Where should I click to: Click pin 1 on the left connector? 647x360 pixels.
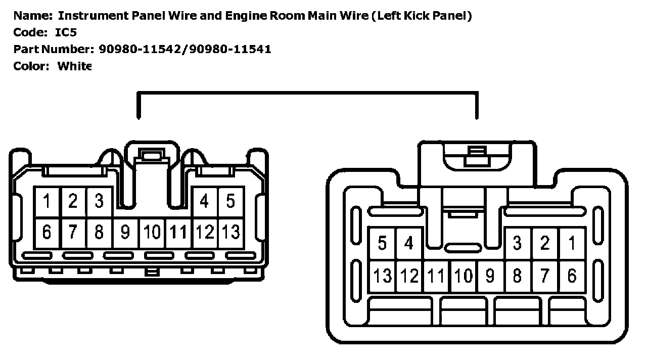tap(47, 201)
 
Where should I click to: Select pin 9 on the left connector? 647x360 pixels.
tap(125, 232)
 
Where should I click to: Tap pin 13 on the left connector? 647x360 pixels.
tap(230, 232)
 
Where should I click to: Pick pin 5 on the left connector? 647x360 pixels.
tap(230, 201)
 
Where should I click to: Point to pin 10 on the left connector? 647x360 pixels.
tap(152, 232)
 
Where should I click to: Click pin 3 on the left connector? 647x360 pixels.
tap(99, 201)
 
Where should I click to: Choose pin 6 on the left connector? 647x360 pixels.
tap(47, 232)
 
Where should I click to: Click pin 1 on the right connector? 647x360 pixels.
tap(572, 244)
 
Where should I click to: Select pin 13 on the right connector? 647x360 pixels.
tap(383, 276)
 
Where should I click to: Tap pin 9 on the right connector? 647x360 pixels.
tap(489, 276)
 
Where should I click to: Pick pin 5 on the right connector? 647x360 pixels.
tap(383, 244)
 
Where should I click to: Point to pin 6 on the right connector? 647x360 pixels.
tap(572, 276)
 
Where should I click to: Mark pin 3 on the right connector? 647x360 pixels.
tap(517, 244)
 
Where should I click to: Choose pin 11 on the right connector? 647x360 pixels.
tap(436, 276)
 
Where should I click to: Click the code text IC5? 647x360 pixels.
tap(66, 32)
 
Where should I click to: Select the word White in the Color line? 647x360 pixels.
tap(74, 66)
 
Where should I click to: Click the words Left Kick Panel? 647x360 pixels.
tap(422, 16)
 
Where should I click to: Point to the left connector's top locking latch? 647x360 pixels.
tap(152, 156)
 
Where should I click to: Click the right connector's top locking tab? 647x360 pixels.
tap(477, 156)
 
